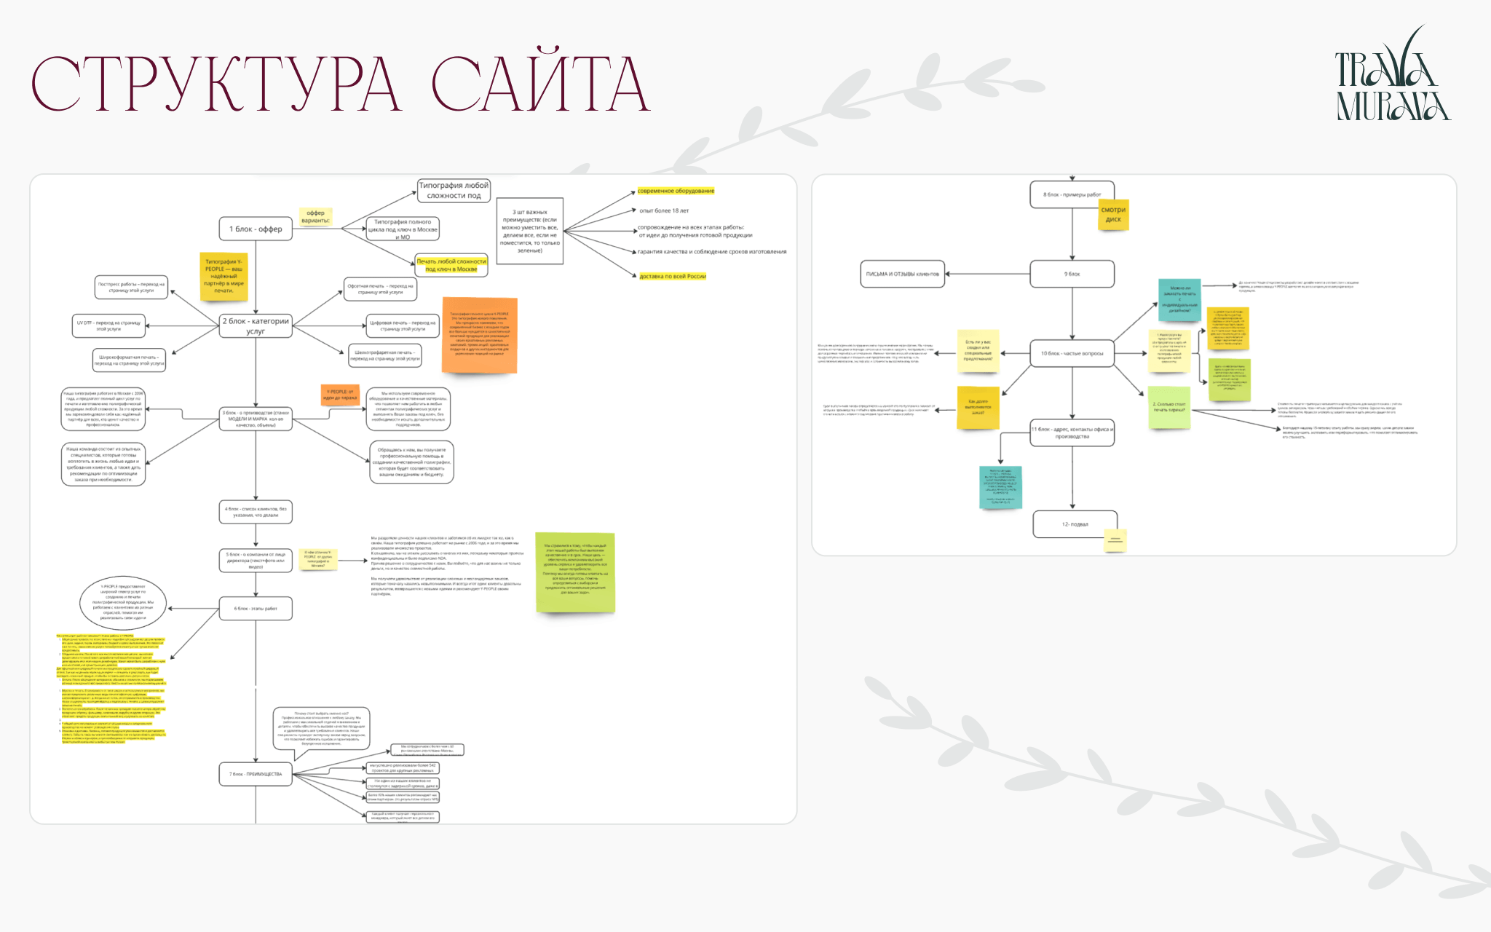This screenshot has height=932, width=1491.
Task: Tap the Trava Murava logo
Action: tap(1392, 76)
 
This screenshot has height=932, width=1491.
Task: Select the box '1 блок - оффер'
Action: tap(256, 229)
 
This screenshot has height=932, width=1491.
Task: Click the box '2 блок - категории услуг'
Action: tap(256, 325)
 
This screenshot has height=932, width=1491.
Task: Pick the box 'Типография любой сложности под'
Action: tap(454, 191)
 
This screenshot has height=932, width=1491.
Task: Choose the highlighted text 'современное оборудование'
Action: tap(676, 191)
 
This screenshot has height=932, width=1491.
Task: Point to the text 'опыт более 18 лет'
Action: tap(664, 210)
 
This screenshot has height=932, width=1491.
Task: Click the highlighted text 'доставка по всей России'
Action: tap(673, 276)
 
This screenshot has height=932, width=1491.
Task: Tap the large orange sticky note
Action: tap(479, 334)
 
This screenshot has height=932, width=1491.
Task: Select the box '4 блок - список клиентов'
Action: tap(256, 512)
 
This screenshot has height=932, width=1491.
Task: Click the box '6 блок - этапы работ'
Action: tap(256, 609)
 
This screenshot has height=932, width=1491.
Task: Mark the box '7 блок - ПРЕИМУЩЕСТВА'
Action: tap(256, 774)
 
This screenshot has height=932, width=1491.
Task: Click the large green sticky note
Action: tap(575, 572)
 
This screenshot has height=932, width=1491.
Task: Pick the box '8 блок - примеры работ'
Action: tap(1072, 194)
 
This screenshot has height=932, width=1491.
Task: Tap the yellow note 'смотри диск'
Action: tap(1113, 215)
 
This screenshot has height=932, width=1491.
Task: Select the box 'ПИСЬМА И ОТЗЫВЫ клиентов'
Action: tap(902, 274)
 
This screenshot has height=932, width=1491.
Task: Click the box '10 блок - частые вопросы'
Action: tap(1072, 353)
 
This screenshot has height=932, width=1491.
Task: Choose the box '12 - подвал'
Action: tap(1075, 524)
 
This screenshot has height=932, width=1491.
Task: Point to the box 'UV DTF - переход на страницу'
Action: tap(108, 325)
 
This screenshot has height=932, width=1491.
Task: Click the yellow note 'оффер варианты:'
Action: tap(315, 216)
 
